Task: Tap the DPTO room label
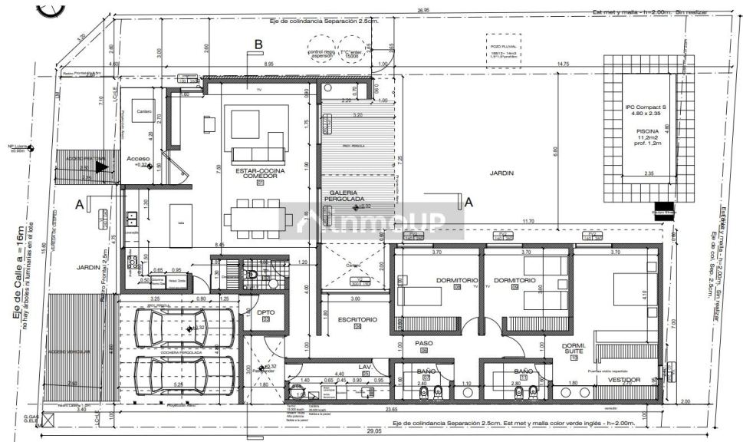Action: [x=266, y=313]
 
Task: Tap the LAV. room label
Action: [x=366, y=368]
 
